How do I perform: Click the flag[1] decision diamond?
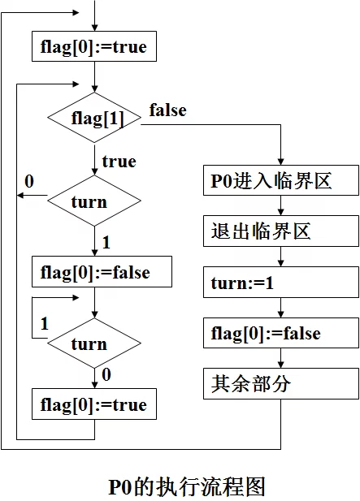click(94, 118)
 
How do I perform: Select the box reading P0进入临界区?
click(281, 180)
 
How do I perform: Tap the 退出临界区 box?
click(281, 231)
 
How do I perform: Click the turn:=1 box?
click(281, 283)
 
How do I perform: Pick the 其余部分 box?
click(281, 383)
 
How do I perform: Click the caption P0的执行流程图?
click(187, 486)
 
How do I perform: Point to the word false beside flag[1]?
click(168, 110)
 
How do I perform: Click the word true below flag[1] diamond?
click(119, 162)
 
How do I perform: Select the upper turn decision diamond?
click(94, 201)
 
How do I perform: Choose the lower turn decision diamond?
click(94, 343)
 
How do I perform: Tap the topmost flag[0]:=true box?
click(94, 46)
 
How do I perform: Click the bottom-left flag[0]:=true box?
click(94, 404)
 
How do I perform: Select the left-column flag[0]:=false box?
click(102, 271)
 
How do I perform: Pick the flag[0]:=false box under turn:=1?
click(281, 333)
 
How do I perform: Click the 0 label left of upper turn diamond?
click(29, 182)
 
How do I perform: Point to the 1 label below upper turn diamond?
click(106, 242)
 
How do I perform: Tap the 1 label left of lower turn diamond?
click(45, 323)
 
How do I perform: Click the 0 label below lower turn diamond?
click(106, 374)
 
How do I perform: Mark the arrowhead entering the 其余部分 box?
click(280, 365)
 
